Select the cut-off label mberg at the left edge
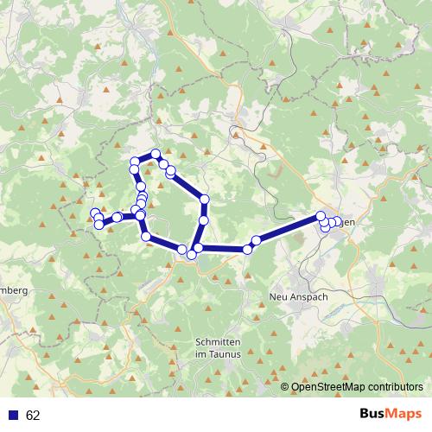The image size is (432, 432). [x=15, y=290]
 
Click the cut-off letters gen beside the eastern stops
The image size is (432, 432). [x=348, y=222]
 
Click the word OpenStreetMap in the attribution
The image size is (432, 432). [x=321, y=387]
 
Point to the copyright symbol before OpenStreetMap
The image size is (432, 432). [x=285, y=387]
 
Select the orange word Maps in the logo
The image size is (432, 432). [x=403, y=415]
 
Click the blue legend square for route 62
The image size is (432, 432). [x=13, y=416]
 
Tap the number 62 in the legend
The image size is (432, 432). [x=33, y=416]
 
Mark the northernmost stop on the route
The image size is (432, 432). [x=156, y=154]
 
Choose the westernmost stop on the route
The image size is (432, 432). [x=94, y=213]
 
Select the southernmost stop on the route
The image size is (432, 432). [x=191, y=254]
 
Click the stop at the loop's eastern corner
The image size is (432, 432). [x=205, y=200]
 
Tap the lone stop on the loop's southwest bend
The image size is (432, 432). [x=146, y=235]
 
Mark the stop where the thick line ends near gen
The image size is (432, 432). [x=321, y=216]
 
